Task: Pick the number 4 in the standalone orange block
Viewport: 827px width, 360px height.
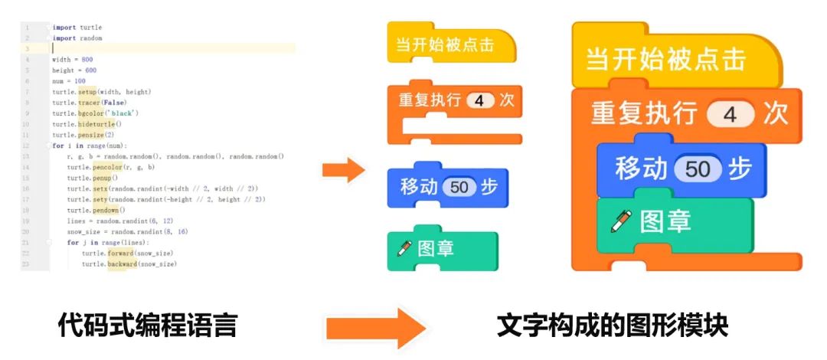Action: (x=480, y=101)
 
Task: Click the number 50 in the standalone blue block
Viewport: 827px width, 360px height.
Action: (x=459, y=186)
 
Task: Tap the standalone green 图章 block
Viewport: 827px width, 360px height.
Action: (x=443, y=249)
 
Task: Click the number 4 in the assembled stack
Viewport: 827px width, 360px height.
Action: (x=729, y=115)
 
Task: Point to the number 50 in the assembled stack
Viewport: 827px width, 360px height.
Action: (x=698, y=169)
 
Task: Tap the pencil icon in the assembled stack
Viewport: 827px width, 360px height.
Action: (x=619, y=221)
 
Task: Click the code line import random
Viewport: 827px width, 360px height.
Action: (x=77, y=38)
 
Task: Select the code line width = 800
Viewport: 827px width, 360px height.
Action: (x=73, y=59)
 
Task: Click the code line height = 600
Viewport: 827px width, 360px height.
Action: (x=74, y=70)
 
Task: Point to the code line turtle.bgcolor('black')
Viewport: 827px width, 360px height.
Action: (x=95, y=113)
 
